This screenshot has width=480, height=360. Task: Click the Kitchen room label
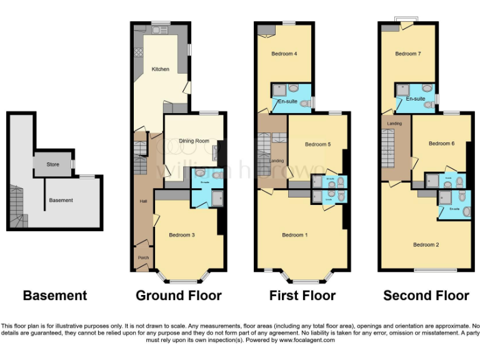point(161,69)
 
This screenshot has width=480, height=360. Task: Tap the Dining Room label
point(194,141)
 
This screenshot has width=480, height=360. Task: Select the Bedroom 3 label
point(182,235)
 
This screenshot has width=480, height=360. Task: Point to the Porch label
point(143,257)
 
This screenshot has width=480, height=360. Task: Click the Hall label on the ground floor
point(142,201)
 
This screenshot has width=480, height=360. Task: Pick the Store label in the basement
point(53,165)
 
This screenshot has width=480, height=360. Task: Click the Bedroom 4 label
point(284,54)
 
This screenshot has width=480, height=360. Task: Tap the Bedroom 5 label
point(317,144)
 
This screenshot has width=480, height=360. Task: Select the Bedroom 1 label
point(294,235)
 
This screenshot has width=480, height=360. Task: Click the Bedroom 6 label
point(441,144)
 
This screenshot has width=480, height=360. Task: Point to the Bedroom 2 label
point(426,244)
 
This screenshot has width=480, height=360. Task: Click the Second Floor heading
point(426,296)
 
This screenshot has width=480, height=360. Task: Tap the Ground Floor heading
point(178,296)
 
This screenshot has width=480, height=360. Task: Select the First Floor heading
point(302,296)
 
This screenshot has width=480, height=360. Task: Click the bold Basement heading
point(55,296)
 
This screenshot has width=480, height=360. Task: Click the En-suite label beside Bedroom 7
point(416,99)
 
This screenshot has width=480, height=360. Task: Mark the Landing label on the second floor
point(394,124)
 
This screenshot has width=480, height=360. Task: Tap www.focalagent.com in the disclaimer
point(307,341)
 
